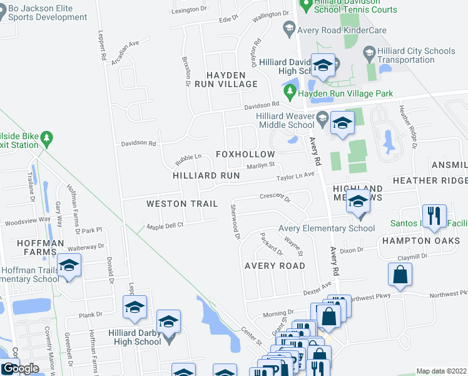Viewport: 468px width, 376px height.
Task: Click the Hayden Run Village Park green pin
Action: (x=290, y=93)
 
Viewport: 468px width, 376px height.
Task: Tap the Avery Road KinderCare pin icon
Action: (x=289, y=28)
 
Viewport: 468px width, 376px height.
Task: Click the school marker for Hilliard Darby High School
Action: (x=168, y=322)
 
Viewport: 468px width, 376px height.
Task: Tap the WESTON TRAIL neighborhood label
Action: (x=182, y=204)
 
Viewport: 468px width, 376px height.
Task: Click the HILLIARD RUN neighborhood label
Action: (x=206, y=176)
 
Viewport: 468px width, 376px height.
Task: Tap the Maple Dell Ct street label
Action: (x=165, y=225)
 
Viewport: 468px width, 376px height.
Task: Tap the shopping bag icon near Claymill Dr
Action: (x=400, y=274)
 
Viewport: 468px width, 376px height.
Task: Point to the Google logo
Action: (x=20, y=368)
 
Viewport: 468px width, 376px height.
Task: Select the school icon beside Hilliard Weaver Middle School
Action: (x=342, y=123)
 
